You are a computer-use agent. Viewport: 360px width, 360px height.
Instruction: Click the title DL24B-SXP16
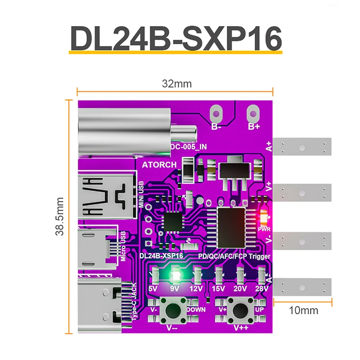click(175, 38)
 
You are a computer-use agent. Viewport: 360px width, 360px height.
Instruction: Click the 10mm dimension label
click(305, 310)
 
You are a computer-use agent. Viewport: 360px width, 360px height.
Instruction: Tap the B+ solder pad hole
click(254, 111)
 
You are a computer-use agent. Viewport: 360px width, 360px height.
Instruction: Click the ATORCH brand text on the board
click(159, 165)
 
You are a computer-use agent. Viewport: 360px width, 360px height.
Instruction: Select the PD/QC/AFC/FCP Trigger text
click(234, 256)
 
